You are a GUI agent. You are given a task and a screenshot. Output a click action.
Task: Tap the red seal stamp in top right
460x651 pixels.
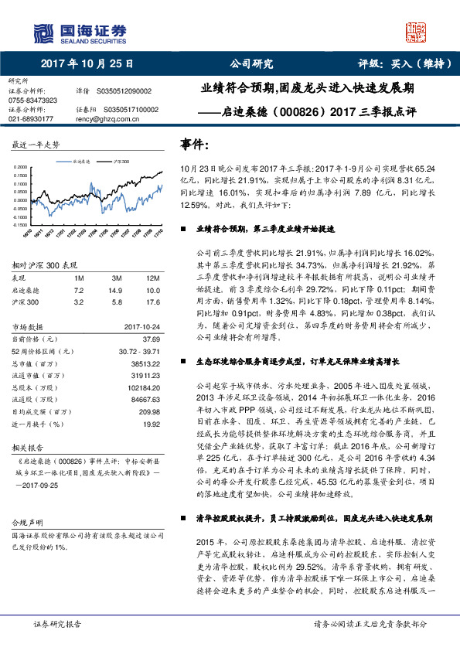[417, 32]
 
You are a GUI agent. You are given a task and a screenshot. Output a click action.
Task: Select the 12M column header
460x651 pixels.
[152, 277]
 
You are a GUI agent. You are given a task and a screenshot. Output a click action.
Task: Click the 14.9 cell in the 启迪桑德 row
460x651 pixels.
[117, 288]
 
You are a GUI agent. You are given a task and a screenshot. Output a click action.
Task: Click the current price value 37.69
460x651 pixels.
[151, 339]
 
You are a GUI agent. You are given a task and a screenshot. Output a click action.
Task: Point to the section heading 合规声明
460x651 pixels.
[27, 523]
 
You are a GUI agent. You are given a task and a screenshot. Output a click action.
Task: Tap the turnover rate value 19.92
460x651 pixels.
[151, 424]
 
